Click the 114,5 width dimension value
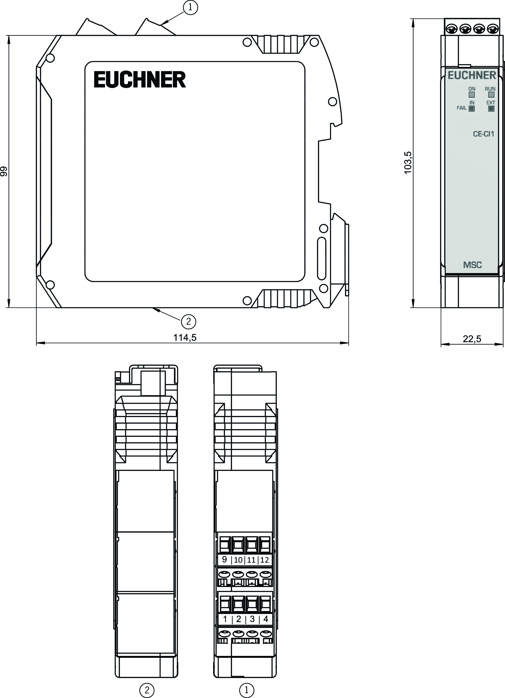click(x=185, y=338)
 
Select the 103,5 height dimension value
click(x=408, y=163)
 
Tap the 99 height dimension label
click(x=4, y=171)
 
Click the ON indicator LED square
click(x=472, y=95)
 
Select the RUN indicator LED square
click(x=491, y=95)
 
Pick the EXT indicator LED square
click(x=491, y=108)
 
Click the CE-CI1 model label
click(x=483, y=134)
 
